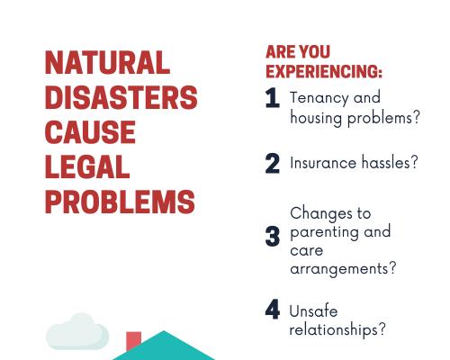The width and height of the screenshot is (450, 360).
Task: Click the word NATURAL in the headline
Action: coord(107,62)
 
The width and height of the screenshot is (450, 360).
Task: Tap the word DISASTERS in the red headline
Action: coord(121,97)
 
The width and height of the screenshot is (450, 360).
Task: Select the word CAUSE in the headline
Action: coord(90,132)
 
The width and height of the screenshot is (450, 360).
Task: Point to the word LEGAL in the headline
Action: coord(87,166)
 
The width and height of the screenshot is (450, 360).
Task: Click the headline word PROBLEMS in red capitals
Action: coord(120,202)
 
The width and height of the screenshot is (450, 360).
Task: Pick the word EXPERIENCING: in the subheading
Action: coord(324,71)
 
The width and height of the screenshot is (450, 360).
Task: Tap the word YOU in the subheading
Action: coord(314,51)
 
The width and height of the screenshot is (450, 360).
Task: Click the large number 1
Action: coord(273,97)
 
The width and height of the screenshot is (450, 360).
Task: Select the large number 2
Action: coord(273,163)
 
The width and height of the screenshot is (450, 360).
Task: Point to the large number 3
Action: coord(273,236)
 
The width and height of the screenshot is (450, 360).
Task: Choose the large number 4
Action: coord(273,309)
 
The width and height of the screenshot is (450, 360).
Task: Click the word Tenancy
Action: coord(319,98)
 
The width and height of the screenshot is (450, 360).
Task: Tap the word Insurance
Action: coord(323,163)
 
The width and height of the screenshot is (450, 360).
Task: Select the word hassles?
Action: coord(390,163)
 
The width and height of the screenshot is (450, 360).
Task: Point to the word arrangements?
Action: coord(343,269)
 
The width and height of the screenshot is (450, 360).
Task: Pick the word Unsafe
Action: coord(313,310)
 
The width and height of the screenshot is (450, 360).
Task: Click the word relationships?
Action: coord(337,329)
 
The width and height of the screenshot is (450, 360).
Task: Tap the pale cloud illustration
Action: coord(77,331)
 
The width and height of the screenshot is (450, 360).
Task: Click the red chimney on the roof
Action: coord(133,340)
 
